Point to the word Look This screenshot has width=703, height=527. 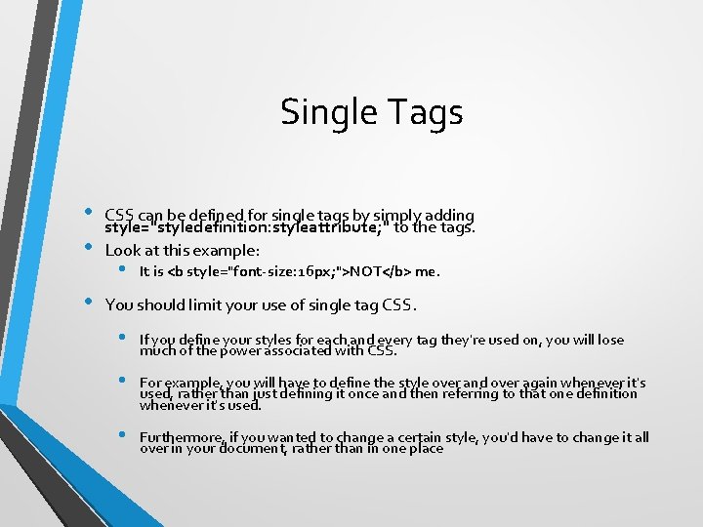(123, 250)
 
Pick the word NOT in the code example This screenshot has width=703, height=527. (367, 272)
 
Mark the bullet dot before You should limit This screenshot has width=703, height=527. (87, 303)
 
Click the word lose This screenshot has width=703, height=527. (610, 340)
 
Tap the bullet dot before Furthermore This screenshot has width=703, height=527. (121, 435)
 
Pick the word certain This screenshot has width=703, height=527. (404, 438)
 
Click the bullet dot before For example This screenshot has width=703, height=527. (121, 381)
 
